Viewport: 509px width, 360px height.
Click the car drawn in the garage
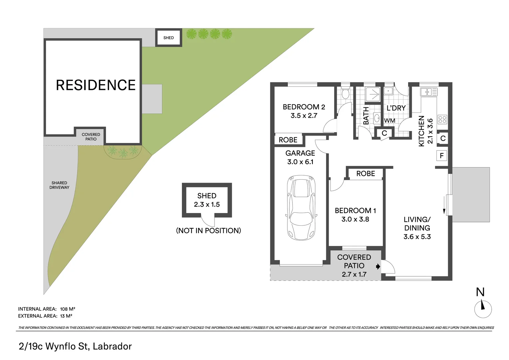click(x=301, y=207)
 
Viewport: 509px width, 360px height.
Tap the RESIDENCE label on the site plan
click(x=96, y=85)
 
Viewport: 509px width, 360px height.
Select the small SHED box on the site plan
click(x=169, y=38)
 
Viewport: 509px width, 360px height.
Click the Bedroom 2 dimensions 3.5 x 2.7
click(x=304, y=116)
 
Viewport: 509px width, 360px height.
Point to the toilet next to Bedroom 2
click(x=345, y=93)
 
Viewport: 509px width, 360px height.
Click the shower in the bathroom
click(x=373, y=94)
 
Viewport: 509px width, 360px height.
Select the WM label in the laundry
click(x=389, y=121)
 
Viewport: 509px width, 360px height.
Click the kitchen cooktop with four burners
click(x=442, y=119)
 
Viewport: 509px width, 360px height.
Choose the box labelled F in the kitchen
click(x=442, y=156)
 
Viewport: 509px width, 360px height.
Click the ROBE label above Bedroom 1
click(x=365, y=174)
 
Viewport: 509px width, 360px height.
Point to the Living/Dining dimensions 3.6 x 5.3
click(x=417, y=237)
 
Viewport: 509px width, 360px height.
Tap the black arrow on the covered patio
click(x=378, y=266)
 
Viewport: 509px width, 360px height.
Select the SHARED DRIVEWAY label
click(x=59, y=185)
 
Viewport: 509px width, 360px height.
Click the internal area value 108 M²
click(x=68, y=309)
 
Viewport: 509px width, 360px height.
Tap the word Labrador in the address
click(x=112, y=346)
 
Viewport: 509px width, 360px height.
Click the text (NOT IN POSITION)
click(x=208, y=231)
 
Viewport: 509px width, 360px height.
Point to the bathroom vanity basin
click(x=377, y=118)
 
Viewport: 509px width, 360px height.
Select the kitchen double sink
click(x=428, y=92)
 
